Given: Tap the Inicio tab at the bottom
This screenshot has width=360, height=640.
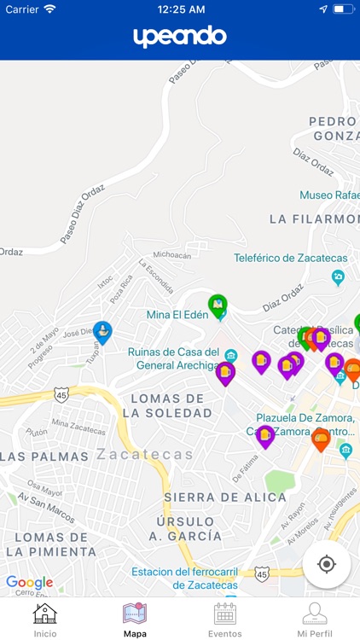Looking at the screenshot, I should tap(45, 620).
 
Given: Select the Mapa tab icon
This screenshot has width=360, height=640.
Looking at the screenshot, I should tap(135, 620).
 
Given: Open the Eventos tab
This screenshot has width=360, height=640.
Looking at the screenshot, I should tap(225, 620).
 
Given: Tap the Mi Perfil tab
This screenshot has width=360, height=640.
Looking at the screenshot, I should tap(315, 620).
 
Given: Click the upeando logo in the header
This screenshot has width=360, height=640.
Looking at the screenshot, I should tap(180, 36).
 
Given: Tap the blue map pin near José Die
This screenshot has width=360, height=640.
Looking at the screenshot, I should tap(102, 332).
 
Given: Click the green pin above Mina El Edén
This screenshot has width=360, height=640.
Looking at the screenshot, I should tap(218, 305).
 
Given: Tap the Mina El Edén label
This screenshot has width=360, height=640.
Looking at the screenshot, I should tap(179, 314).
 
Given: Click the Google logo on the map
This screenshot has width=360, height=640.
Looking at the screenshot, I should tap(29, 582).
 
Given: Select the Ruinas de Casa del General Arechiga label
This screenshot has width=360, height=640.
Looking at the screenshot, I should tap(174, 358).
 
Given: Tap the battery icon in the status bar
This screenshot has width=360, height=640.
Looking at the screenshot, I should tap(343, 9).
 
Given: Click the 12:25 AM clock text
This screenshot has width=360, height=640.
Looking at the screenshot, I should tap(181, 9).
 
